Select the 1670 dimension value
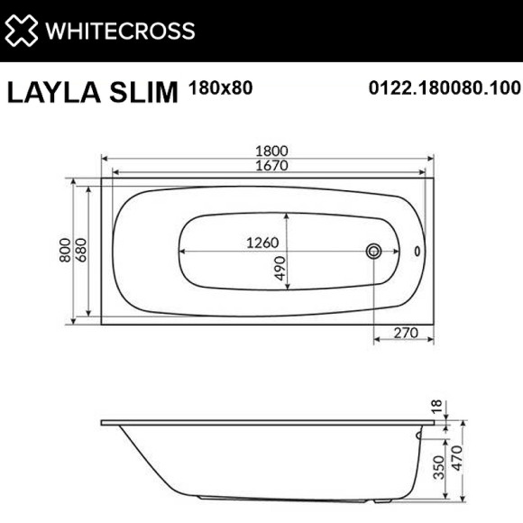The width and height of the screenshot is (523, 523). (268, 168)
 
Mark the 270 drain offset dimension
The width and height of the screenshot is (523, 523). (408, 333)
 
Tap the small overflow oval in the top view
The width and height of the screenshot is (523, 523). (417, 252)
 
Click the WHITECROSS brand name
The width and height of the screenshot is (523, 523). (120, 31)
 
